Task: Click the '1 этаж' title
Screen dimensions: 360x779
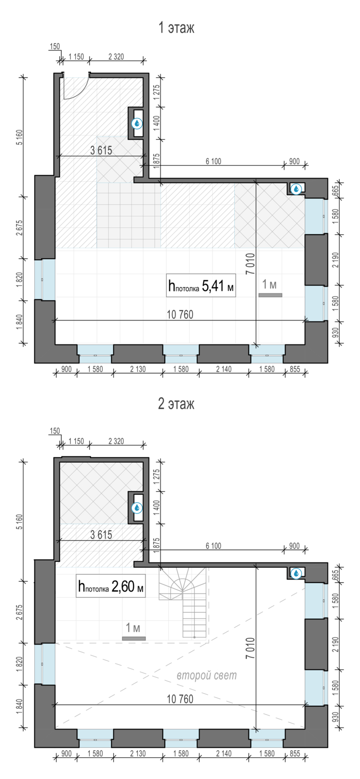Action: [x=176, y=28]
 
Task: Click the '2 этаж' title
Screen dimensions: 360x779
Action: [x=176, y=404]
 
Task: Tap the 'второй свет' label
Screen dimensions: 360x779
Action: [x=207, y=675]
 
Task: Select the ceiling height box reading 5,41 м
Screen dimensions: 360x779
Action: [x=201, y=286]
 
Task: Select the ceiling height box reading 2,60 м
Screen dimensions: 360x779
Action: [x=111, y=586]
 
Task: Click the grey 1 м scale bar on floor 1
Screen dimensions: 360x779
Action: [x=270, y=296]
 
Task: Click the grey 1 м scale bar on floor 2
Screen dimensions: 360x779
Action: [x=134, y=638]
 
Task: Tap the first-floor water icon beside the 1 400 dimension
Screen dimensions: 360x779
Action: [x=137, y=124]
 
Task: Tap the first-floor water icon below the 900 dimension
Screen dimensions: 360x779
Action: [x=296, y=189]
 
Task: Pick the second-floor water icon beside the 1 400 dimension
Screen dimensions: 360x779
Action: [x=137, y=508]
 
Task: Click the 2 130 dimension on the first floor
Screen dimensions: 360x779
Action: [x=138, y=369]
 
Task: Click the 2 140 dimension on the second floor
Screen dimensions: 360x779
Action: [x=224, y=753]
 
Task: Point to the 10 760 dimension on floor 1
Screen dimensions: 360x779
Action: [x=180, y=315]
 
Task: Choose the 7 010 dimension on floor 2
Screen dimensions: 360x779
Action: [x=250, y=648]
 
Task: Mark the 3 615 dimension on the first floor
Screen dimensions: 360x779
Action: [x=101, y=150]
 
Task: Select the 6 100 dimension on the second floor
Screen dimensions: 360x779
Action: [x=213, y=546]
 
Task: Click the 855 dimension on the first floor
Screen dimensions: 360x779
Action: [x=295, y=369]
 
